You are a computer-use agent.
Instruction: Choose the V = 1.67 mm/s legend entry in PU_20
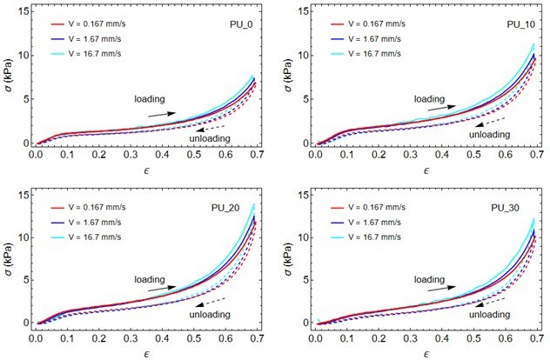[x=91, y=221]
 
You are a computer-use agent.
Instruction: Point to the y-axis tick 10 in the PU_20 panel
[x=20, y=237]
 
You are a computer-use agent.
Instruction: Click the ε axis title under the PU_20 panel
[x=144, y=349]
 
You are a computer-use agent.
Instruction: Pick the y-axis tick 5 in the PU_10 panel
[x=305, y=99]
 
